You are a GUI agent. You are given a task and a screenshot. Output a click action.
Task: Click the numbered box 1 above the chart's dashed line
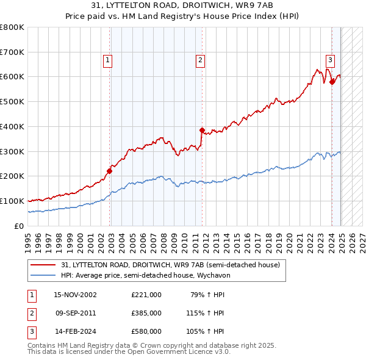point(107,60)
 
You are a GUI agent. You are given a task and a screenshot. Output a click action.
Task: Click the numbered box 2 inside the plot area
point(200,60)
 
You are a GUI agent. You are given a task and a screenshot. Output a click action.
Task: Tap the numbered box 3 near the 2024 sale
point(330,60)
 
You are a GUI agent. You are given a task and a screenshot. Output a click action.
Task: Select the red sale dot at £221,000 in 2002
point(110,171)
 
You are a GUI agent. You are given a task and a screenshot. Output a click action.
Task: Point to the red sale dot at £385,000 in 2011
point(202,130)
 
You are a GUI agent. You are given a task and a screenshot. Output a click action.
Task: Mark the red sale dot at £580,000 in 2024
point(332,81)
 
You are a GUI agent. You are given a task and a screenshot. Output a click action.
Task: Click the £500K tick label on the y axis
point(12,101)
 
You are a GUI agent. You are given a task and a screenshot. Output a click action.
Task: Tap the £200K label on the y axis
point(12,176)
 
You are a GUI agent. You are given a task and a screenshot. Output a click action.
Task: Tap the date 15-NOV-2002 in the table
point(76,295)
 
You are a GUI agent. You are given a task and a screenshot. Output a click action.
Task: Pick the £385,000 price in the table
point(146,313)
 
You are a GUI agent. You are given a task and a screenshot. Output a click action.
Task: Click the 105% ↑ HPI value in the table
point(205,331)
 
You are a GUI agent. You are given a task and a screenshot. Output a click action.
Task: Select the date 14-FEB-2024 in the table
point(76,331)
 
